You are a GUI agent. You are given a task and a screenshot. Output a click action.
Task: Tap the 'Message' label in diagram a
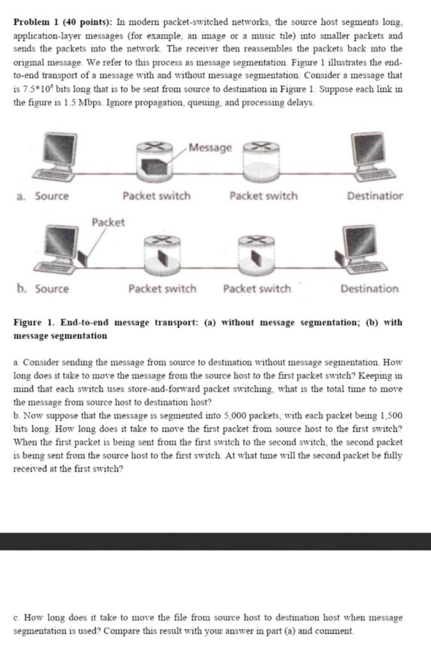(211, 148)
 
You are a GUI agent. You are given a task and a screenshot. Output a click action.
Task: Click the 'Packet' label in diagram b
(108, 222)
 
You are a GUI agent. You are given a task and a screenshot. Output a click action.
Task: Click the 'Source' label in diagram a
(52, 196)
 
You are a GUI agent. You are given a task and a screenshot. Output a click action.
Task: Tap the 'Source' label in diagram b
(52, 289)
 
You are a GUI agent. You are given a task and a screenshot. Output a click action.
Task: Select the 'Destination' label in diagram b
(369, 289)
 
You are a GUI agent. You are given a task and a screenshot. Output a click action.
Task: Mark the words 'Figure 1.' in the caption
(34, 323)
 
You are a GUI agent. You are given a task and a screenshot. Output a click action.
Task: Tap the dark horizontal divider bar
(215, 541)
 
